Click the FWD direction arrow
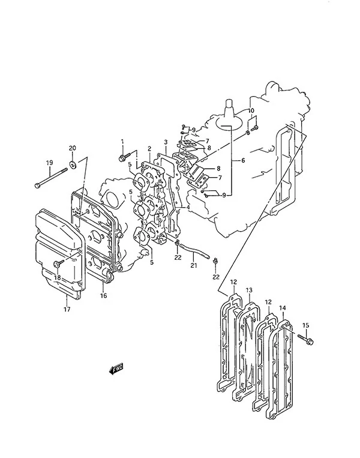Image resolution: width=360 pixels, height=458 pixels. click(116, 369)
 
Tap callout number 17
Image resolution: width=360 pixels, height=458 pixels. click(67, 309)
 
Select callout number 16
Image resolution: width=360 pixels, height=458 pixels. click(104, 295)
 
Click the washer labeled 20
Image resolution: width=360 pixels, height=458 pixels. click(73, 164)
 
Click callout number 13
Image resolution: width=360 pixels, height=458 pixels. click(249, 291)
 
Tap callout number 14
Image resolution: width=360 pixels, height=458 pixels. click(283, 308)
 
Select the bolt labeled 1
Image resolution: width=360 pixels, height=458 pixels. click(123, 157)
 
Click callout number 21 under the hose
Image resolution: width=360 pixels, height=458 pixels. click(194, 265)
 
